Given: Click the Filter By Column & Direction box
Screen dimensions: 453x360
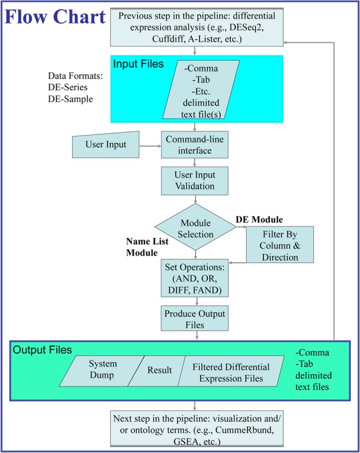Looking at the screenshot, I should (x=280, y=244).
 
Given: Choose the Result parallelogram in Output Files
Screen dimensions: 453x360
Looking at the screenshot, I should (x=158, y=370).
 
